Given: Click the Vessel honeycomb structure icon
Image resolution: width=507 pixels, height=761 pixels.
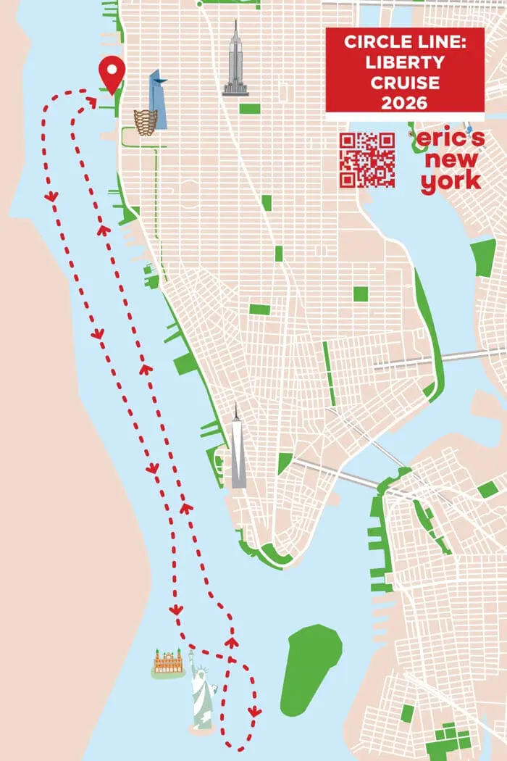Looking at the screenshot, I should point(146,122).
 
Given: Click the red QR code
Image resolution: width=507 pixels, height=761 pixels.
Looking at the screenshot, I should point(367,160).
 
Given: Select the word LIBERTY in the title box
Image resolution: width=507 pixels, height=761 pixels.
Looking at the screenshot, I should point(404,62).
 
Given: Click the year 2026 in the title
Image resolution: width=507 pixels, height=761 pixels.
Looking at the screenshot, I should point(404,103).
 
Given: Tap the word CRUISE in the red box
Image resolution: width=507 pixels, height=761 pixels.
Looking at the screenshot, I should point(404,83).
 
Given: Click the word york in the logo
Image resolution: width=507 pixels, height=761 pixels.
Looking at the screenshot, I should point(451,181).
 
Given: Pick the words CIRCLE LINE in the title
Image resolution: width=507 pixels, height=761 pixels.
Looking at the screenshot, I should point(404,42).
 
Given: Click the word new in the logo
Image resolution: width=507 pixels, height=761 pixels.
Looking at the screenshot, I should point(453,160).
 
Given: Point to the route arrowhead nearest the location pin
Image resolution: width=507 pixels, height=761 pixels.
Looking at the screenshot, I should point(91,102).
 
